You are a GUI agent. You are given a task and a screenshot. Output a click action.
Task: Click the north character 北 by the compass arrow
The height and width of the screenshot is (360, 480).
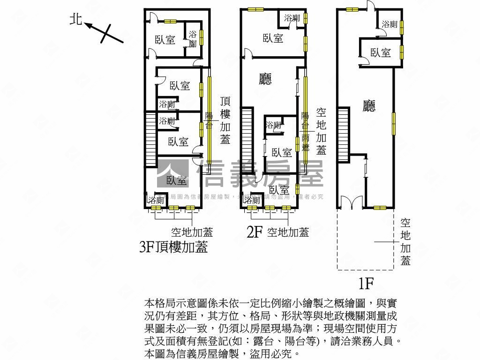click(x=76, y=20)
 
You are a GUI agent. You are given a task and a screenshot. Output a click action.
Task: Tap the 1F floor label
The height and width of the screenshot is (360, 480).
click(x=366, y=283)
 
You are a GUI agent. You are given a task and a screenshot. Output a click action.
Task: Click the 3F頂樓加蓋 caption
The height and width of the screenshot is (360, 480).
click(x=173, y=247)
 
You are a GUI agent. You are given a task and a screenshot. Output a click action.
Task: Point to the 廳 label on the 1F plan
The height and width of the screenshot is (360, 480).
click(x=369, y=106)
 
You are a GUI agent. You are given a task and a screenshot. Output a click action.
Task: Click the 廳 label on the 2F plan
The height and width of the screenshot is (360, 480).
click(x=265, y=79)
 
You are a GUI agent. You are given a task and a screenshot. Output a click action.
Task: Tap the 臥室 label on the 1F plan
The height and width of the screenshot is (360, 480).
click(x=380, y=53)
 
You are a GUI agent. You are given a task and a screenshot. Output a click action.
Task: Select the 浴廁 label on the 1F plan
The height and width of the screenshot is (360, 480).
click(x=390, y=24)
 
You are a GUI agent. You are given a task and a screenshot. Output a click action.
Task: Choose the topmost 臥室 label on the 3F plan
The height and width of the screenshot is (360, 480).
click(x=165, y=40)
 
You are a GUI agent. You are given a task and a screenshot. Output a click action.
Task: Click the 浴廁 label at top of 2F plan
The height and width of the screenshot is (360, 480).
click(x=292, y=18)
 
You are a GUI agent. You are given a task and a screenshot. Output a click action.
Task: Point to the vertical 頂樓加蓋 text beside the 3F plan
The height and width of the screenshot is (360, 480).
click(x=225, y=120)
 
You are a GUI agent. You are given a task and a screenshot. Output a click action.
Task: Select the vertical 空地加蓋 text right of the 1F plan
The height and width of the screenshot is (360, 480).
click(x=405, y=241)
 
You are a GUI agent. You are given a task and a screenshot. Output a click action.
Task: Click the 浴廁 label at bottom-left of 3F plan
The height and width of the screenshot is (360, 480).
click(x=156, y=200)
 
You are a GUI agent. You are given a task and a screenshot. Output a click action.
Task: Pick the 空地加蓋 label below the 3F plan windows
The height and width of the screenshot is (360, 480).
click(x=192, y=232)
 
